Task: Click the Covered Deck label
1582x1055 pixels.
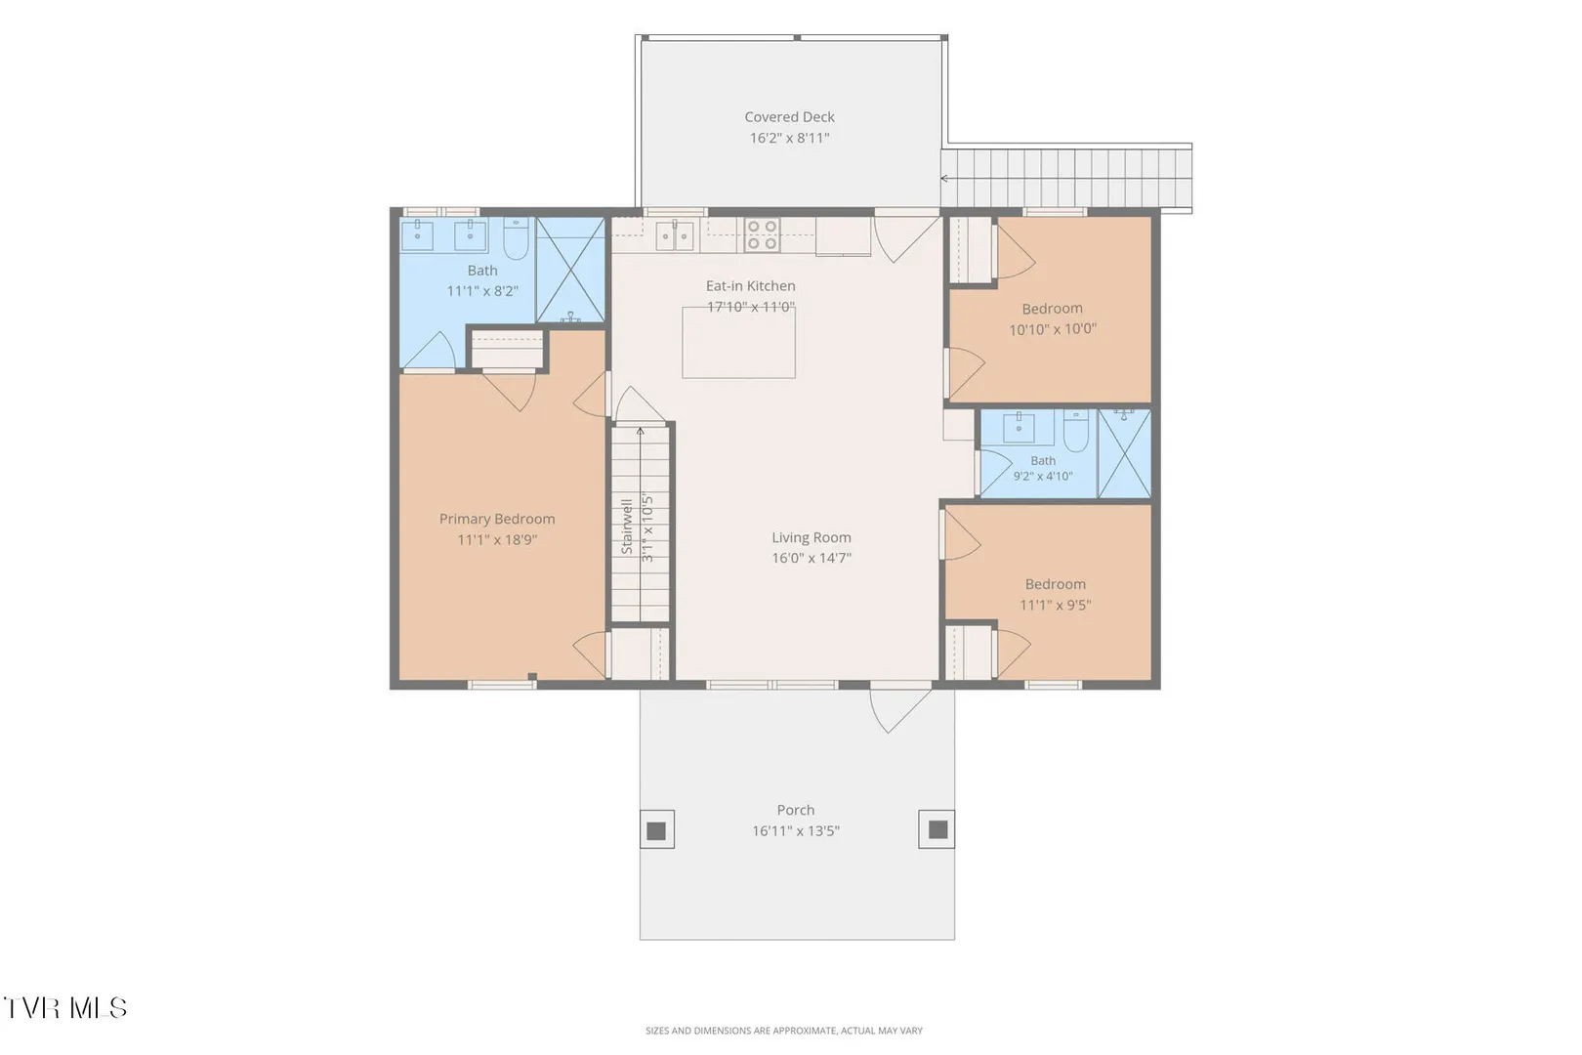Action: pyautogui.click(x=789, y=116)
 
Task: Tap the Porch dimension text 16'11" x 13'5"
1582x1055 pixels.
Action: pyautogui.click(x=795, y=830)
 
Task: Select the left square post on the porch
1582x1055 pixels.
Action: pyautogui.click(x=657, y=829)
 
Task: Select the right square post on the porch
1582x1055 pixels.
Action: pyautogui.click(x=937, y=829)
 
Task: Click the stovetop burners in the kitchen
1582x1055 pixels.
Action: pyautogui.click(x=762, y=235)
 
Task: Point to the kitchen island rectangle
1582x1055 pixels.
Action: pyautogui.click(x=738, y=343)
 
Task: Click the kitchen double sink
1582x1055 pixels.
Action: pyautogui.click(x=675, y=235)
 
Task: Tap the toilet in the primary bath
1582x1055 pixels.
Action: pyautogui.click(x=516, y=238)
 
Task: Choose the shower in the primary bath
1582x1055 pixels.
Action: pyautogui.click(x=570, y=270)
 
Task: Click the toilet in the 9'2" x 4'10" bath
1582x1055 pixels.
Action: pyautogui.click(x=1076, y=431)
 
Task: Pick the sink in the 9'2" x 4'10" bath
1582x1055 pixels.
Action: pyautogui.click(x=1019, y=428)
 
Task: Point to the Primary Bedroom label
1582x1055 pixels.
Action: pyautogui.click(x=496, y=519)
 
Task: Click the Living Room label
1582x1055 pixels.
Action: pyautogui.click(x=811, y=537)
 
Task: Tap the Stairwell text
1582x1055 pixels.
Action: pyautogui.click(x=626, y=527)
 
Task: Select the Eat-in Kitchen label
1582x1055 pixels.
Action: pyautogui.click(x=750, y=285)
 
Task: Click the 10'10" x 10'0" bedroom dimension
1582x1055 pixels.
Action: pyautogui.click(x=1053, y=329)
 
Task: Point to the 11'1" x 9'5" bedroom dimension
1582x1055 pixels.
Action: pyautogui.click(x=1055, y=605)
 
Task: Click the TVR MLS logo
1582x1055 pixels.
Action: pyautogui.click(x=65, y=1008)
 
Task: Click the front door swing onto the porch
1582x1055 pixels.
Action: pyautogui.click(x=899, y=709)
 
